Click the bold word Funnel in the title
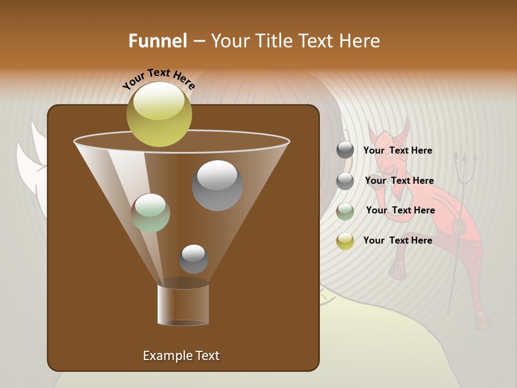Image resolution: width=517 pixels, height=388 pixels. [157, 41]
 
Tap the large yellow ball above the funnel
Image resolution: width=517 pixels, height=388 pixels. [159, 114]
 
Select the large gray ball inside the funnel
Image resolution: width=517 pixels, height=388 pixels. [217, 185]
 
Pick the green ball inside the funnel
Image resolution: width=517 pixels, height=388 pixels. [150, 213]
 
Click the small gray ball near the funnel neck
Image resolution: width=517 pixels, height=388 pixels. [193, 259]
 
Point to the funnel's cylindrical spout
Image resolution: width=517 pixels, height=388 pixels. [183, 304]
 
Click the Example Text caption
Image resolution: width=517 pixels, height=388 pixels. [181, 356]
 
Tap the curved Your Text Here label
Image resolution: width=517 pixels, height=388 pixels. [158, 79]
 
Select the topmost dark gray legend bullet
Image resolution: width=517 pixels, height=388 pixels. [345, 150]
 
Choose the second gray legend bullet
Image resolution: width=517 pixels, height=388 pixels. [345, 181]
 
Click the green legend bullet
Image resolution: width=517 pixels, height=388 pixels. [345, 211]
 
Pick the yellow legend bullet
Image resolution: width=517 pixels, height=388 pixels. [345, 240]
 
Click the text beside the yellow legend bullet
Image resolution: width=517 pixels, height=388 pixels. [397, 240]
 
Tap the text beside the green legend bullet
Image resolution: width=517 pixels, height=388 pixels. [400, 210]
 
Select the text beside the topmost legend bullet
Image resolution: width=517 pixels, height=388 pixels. [397, 150]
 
